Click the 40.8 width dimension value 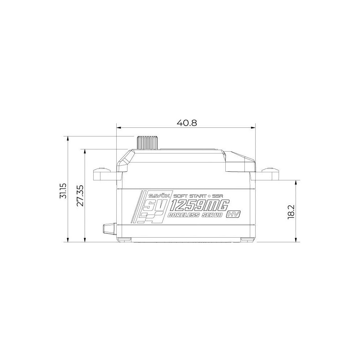point(186,123)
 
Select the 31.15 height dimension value point(63,190)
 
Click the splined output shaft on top point(147,143)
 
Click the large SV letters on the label point(154,206)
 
